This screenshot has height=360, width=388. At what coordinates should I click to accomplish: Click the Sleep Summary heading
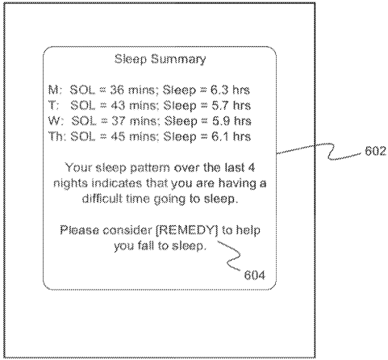[x=161, y=59]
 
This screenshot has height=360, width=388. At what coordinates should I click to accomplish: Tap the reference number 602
[x=375, y=151]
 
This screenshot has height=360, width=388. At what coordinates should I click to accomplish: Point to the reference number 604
[x=254, y=275]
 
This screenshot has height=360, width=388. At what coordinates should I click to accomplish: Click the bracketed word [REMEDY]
[x=187, y=231]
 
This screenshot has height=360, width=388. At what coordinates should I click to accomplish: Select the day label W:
[x=56, y=121]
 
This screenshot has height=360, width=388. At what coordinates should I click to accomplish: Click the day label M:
[x=55, y=90]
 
